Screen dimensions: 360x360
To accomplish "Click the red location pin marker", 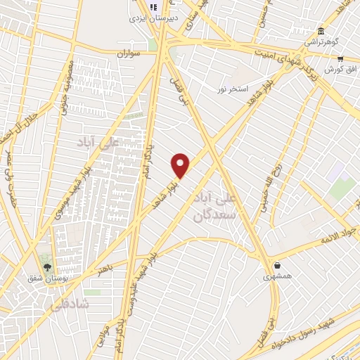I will pyautogui.click(x=181, y=165).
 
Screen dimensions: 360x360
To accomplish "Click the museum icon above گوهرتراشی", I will pyautogui.click(x=321, y=32).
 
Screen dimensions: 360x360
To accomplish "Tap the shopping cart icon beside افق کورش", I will pyautogui.click(x=340, y=59).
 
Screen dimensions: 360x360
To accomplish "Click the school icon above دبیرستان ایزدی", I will pyautogui.click(x=153, y=7).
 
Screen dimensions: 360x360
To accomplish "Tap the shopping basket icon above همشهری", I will pyautogui.click(x=278, y=266).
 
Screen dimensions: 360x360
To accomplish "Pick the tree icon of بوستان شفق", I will pyautogui.click(x=47, y=267).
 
